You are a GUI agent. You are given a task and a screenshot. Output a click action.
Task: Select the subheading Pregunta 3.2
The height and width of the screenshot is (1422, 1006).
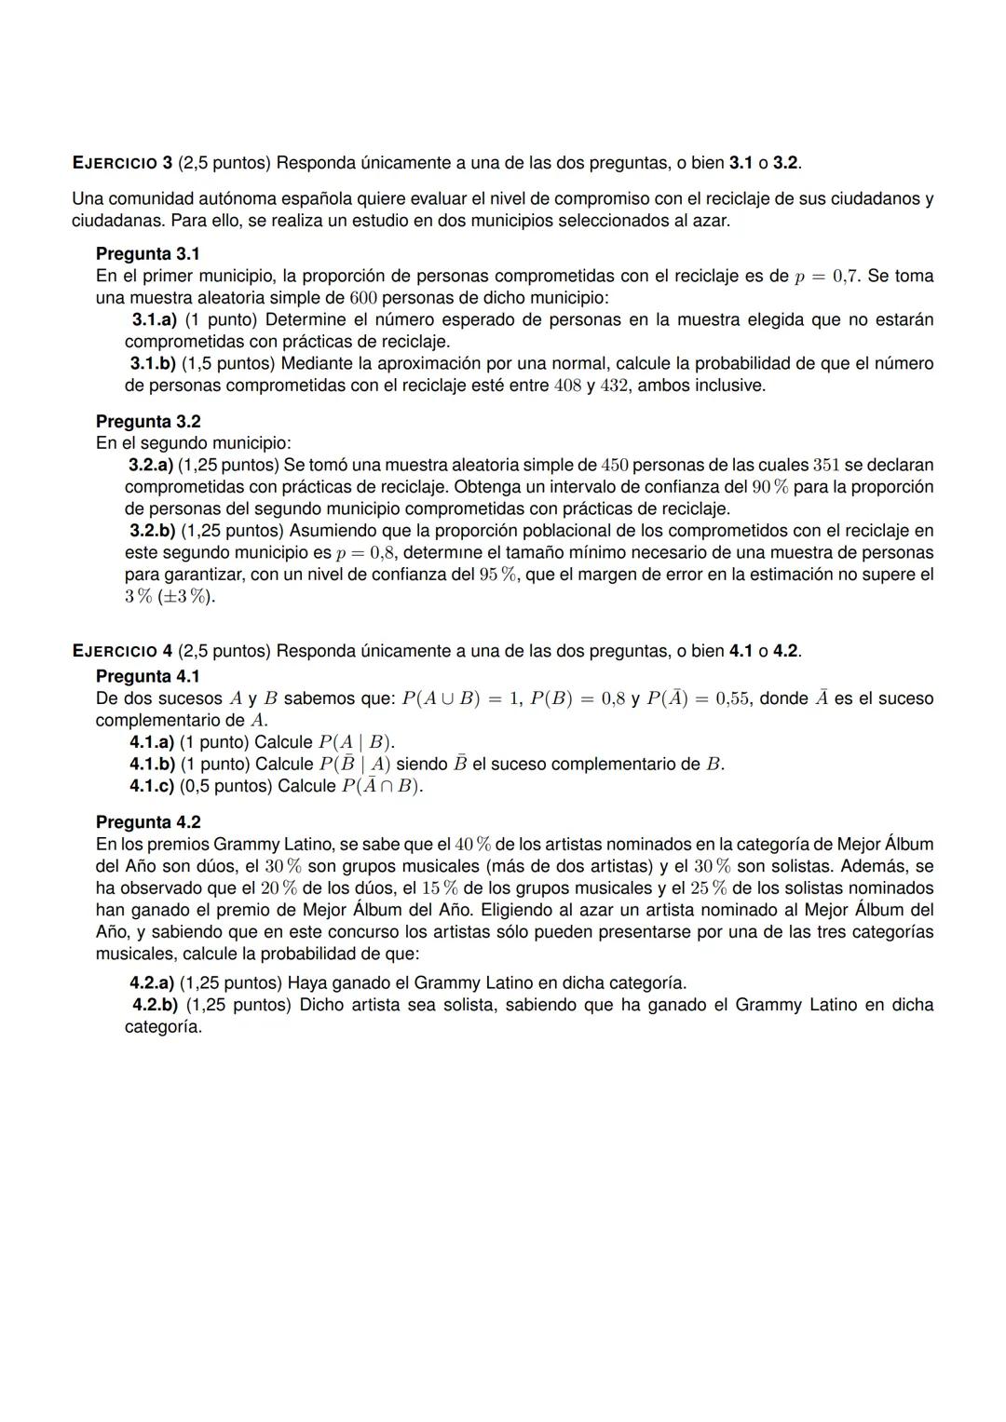(x=148, y=422)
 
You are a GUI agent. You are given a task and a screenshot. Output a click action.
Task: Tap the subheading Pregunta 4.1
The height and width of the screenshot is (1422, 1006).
(x=148, y=676)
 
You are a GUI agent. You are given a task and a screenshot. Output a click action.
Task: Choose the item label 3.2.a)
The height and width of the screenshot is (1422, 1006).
(x=150, y=465)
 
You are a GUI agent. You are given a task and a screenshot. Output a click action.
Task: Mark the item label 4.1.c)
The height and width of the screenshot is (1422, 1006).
(x=152, y=786)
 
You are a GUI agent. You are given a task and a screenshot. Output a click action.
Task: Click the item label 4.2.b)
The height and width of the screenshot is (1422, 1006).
(x=155, y=1005)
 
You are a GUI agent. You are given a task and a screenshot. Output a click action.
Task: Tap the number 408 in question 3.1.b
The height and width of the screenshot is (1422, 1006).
(x=567, y=386)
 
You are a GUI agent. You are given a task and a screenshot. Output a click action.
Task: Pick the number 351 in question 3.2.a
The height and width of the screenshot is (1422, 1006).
(x=826, y=465)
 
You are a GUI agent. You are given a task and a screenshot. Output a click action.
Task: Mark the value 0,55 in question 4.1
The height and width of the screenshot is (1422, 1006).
(x=732, y=698)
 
